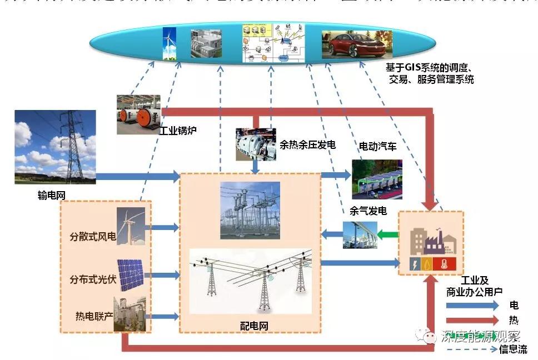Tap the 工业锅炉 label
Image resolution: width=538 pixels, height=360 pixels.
click(178, 132)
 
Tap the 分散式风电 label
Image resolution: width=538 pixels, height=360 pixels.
click(93, 238)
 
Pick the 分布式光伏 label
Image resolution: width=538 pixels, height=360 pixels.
click(93, 279)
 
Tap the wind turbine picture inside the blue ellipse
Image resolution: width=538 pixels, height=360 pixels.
click(168, 43)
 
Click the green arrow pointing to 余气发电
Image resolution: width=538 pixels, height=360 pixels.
click(388, 234)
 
